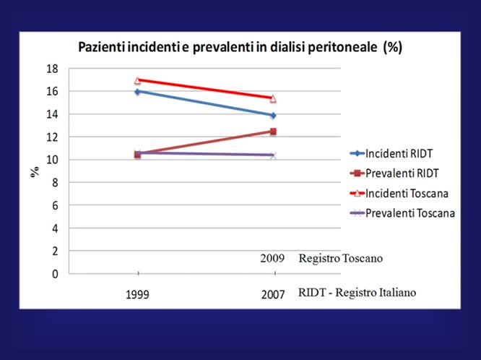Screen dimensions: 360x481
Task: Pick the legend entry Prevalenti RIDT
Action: click(x=394, y=173)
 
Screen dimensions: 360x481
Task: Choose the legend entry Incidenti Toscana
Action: click(x=397, y=193)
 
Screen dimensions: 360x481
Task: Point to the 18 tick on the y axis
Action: click(x=52, y=69)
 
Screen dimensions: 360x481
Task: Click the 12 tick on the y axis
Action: click(x=52, y=137)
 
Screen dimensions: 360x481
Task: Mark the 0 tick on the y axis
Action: click(x=54, y=274)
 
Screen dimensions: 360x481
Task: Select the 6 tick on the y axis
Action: click(x=54, y=205)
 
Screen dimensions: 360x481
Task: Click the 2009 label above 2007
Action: click(x=273, y=258)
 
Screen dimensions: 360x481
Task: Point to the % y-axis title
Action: click(x=33, y=171)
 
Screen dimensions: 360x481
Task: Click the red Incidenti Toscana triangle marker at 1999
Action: click(x=137, y=80)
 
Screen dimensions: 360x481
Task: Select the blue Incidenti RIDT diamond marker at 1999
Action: click(x=137, y=91)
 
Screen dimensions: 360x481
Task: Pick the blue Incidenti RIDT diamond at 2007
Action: click(x=273, y=115)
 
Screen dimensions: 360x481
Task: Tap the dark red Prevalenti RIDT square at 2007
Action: click(x=273, y=132)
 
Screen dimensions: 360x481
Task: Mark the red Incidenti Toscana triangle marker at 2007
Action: click(x=273, y=99)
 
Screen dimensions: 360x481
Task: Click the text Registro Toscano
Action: click(x=339, y=258)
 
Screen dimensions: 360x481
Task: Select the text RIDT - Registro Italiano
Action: click(x=357, y=293)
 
